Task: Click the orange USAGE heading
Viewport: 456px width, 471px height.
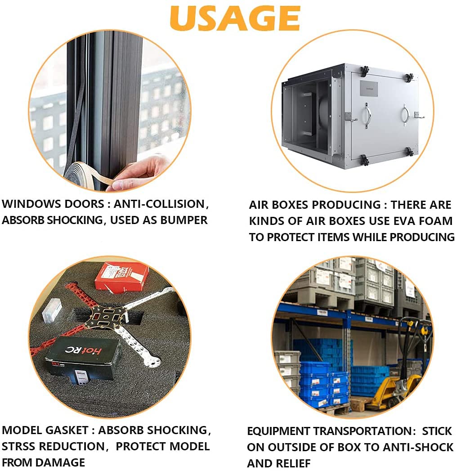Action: click(x=235, y=18)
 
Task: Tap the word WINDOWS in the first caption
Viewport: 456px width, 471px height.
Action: click(x=27, y=204)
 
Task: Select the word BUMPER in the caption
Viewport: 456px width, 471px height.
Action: click(x=183, y=220)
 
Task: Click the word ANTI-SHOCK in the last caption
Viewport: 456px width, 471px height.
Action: click(x=418, y=447)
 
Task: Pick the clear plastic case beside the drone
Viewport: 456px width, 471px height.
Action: click(x=52, y=310)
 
